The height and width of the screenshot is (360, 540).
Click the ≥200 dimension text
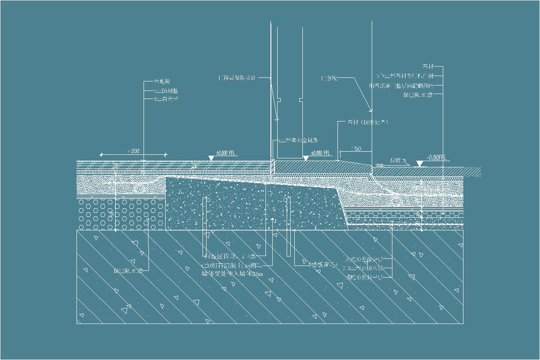pos(134,150)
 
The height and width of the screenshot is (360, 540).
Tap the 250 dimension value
pos(355,148)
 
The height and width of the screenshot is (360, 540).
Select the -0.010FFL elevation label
pos(436,157)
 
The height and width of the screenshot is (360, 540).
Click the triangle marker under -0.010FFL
pos(419,163)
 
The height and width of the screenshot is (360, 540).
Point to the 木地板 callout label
pos(162,82)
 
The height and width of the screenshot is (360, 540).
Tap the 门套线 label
pos(329,78)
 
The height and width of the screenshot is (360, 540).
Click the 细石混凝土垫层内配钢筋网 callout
pos(400,85)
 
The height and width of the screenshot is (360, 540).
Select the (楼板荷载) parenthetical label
pos(322,265)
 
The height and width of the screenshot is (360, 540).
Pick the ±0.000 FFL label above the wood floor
pos(226,153)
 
